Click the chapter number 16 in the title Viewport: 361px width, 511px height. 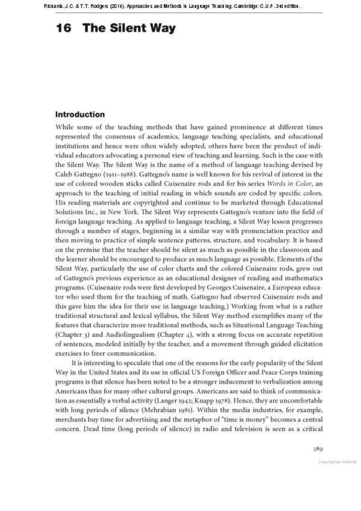click(64, 28)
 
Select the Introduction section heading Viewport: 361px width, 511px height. click(88, 114)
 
